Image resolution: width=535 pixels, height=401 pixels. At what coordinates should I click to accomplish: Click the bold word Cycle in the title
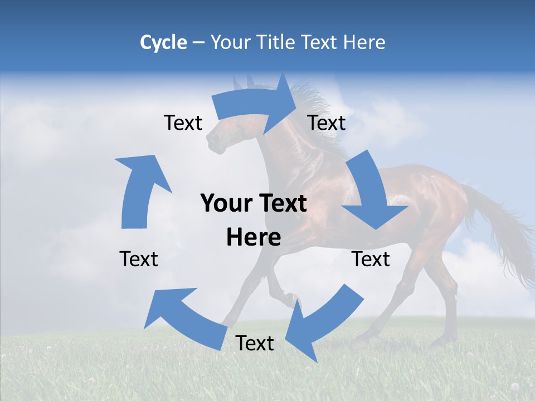163,42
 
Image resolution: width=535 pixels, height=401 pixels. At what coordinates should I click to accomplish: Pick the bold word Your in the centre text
222,203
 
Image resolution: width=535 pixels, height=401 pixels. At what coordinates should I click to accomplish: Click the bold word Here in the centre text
254,238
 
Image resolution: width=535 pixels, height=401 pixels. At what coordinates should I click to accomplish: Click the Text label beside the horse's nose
183,123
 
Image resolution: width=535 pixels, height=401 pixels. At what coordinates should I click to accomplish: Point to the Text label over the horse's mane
327,123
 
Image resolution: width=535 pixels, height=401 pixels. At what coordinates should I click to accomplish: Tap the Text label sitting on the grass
255,343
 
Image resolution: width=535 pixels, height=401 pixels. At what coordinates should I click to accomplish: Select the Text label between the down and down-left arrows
371,259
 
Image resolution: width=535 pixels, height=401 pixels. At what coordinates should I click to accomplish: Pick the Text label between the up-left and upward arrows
139,259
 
